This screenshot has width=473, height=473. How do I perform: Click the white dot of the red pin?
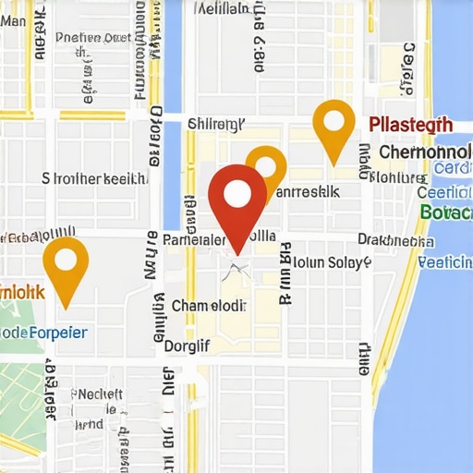tap(238, 193)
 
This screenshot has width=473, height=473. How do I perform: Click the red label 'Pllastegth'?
tap(409, 126)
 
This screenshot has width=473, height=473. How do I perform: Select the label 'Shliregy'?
tap(216, 124)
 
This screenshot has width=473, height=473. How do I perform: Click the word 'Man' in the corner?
tap(14, 8)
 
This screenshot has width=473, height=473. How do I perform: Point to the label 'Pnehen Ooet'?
tap(93, 38)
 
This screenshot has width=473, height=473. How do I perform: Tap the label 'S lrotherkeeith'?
tap(93, 178)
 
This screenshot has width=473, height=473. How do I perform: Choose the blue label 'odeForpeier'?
tap(43, 332)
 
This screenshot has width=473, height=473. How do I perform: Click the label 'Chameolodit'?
tap(210, 306)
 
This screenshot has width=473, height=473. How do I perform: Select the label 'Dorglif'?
tap(187, 346)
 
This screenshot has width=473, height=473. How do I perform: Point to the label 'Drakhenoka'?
tap(395, 240)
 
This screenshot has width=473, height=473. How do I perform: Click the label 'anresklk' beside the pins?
tap(309, 191)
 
